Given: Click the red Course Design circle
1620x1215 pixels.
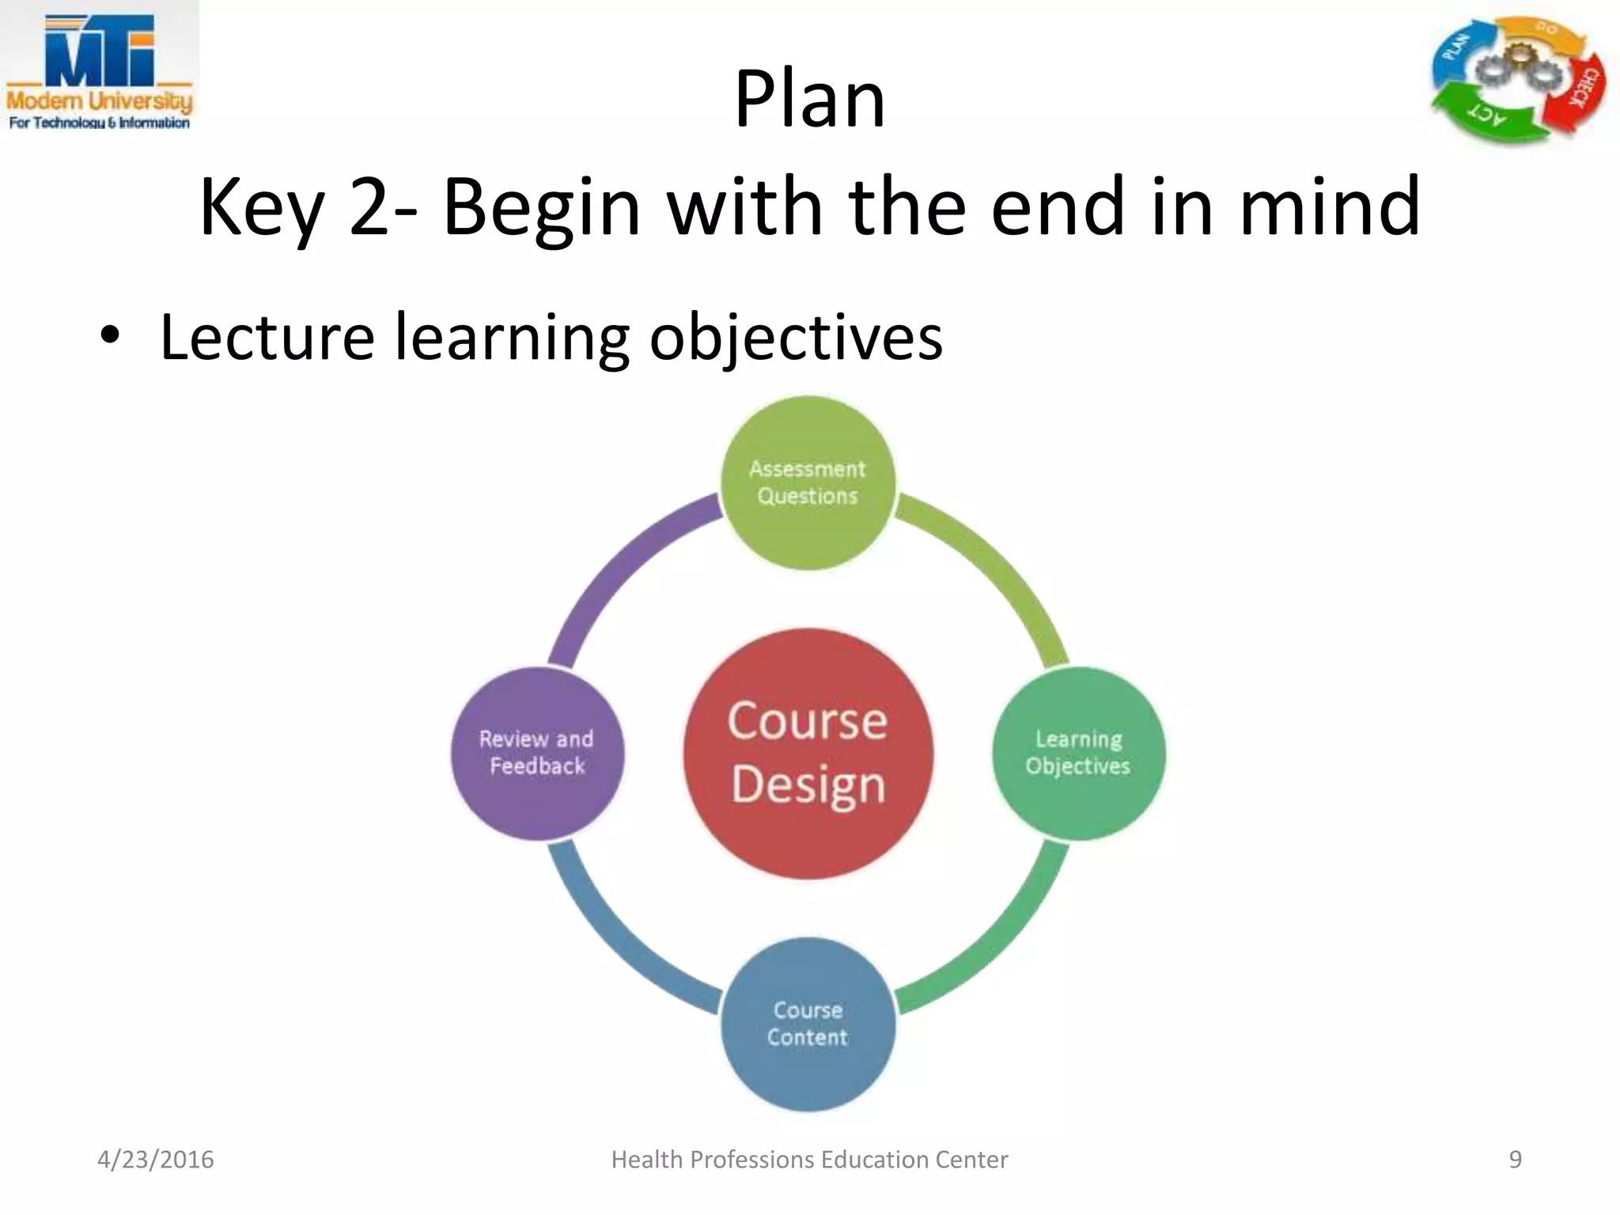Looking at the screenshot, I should click(x=808, y=753).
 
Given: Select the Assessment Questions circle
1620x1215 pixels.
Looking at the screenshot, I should click(x=808, y=483).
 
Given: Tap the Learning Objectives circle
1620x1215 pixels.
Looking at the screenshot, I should click(x=1078, y=753).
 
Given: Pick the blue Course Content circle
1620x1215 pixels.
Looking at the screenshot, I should click(x=808, y=1024).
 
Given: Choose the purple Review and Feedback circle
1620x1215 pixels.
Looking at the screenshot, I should click(x=538, y=753).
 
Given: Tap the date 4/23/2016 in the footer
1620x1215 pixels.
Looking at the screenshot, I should click(x=155, y=1160).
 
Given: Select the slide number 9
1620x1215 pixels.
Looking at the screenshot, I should click(x=1515, y=1160).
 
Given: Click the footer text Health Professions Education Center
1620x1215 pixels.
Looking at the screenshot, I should click(x=809, y=1160).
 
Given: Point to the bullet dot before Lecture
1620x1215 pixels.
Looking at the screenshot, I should click(x=110, y=337).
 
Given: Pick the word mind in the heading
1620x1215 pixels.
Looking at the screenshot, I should click(x=1329, y=206).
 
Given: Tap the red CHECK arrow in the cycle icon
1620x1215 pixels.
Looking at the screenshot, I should click(x=1584, y=91).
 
